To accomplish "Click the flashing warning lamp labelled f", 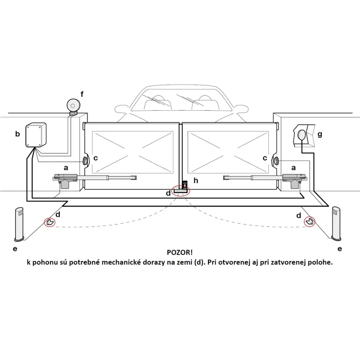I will (72, 105).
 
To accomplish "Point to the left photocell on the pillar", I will (85, 161).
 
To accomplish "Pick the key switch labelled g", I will (301, 135).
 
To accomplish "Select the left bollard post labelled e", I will (19, 224).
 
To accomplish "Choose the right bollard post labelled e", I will (337, 224).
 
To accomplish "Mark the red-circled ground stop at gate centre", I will (182, 190).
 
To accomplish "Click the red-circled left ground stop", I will (49, 222).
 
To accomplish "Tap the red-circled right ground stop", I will (309, 221).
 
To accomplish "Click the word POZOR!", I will (179, 254).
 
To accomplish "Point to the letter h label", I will (196, 180).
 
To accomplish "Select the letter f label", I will (82, 94).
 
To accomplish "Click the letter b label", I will (18, 134).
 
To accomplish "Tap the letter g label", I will (320, 134).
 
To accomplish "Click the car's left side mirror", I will (119, 109).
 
